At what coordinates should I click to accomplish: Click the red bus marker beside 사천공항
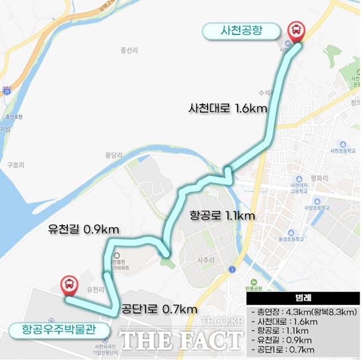(295, 31)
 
